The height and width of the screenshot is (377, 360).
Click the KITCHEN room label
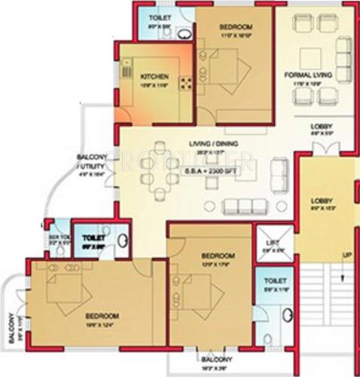pos(154,75)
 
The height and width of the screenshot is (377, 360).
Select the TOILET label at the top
pos(159,17)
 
